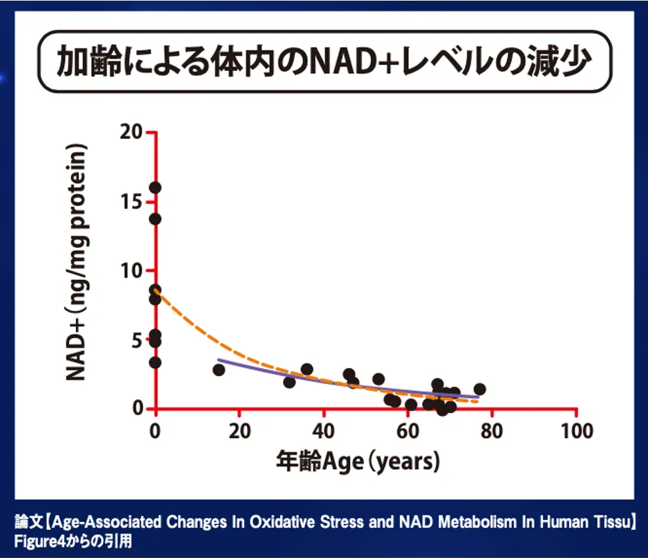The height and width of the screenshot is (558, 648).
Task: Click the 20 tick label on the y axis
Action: (132, 132)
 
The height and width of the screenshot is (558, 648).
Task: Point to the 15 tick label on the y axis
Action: (132, 201)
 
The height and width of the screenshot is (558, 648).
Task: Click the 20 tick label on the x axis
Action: (239, 430)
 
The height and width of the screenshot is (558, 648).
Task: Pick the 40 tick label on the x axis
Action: (324, 430)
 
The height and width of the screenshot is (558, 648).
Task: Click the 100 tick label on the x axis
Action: (577, 430)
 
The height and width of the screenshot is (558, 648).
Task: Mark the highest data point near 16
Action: (155, 187)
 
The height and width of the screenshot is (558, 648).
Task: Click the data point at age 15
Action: (219, 369)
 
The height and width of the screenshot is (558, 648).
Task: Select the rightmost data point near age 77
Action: (479, 389)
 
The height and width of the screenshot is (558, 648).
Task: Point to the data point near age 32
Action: (289, 382)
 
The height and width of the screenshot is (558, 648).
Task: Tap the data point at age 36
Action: (306, 369)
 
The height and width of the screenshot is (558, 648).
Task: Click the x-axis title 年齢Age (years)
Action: (358, 460)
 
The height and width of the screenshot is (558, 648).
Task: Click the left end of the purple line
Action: (219, 361)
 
